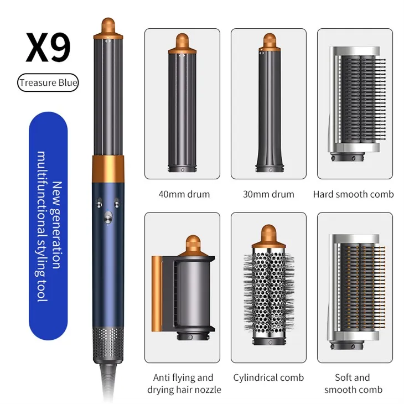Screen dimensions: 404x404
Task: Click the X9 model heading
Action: pyautogui.click(x=48, y=48)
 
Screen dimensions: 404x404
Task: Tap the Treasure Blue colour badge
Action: pyautogui.click(x=48, y=82)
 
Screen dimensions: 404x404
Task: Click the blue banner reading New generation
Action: pyautogui.click(x=48, y=226)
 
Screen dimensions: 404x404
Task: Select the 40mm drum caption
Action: pyautogui.click(x=184, y=194)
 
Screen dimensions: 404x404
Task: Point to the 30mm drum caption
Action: pyautogui.click(x=268, y=194)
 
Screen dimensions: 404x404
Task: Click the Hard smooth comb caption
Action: pyautogui.click(x=353, y=194)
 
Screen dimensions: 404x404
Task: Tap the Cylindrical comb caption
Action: pyautogui.click(x=268, y=378)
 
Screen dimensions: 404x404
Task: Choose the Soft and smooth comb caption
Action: pyautogui.click(x=353, y=384)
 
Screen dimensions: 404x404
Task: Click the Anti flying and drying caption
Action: pyautogui.click(x=184, y=384)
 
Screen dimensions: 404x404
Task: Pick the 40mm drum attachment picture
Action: pyautogui.click(x=183, y=102)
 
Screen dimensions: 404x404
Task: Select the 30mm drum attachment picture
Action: pyautogui.click(x=270, y=102)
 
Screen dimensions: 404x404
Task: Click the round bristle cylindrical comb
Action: pyautogui.click(x=269, y=284)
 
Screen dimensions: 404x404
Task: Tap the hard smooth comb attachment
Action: pyautogui.click(x=357, y=103)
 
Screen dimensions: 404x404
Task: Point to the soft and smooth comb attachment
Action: pyautogui.click(x=357, y=292)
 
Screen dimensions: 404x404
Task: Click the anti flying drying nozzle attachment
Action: pyautogui.click(x=183, y=288)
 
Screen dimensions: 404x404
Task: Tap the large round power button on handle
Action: pyautogui.click(x=108, y=217)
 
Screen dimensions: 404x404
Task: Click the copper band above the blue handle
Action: pyautogui.click(x=108, y=169)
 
